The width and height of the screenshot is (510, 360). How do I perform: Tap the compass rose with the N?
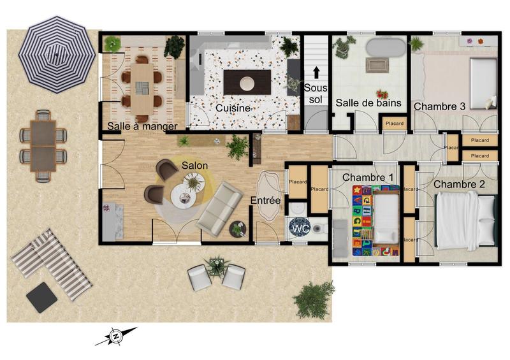(x=116, y=336)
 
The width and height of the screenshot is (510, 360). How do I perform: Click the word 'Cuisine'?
(x=232, y=108)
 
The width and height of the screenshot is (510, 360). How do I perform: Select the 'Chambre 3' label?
(x=439, y=106)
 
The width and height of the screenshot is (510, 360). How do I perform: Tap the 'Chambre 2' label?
(x=460, y=185)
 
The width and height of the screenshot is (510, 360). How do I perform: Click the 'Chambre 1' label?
(x=368, y=176)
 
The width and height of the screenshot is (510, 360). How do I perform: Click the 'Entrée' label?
(x=265, y=201)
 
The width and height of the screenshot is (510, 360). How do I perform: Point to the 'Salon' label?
(x=194, y=165)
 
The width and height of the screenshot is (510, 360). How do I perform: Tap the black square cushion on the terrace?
(x=42, y=297)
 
